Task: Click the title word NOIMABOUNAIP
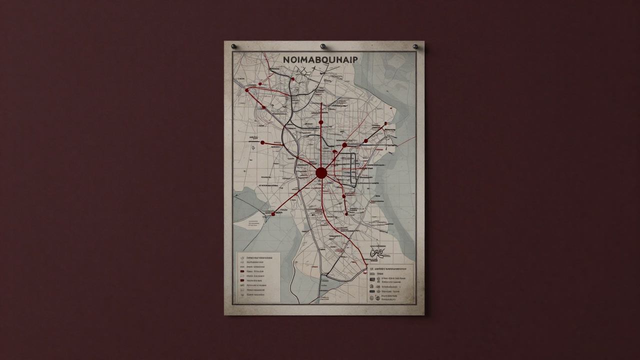(x=320, y=59)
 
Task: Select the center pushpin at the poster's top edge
(x=322, y=46)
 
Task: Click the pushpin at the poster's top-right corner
(x=415, y=46)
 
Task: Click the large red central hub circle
(x=321, y=173)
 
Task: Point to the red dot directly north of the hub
(x=321, y=122)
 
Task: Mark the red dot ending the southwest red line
(x=273, y=214)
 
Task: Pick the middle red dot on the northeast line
(x=366, y=140)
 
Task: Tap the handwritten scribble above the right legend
(x=377, y=254)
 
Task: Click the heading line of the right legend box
(x=390, y=268)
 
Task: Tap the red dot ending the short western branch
(x=262, y=142)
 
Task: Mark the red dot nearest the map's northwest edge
(x=247, y=90)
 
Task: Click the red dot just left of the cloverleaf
(x=292, y=78)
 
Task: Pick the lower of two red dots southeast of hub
(x=344, y=196)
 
